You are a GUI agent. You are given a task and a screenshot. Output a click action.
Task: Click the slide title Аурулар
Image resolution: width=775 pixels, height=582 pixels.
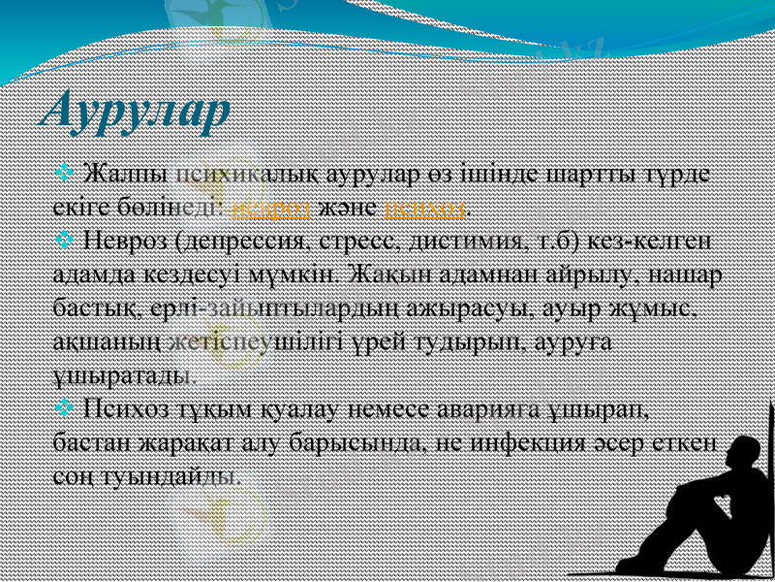point(137,110)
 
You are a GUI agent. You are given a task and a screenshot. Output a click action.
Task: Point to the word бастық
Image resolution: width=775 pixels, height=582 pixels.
point(97,307)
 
